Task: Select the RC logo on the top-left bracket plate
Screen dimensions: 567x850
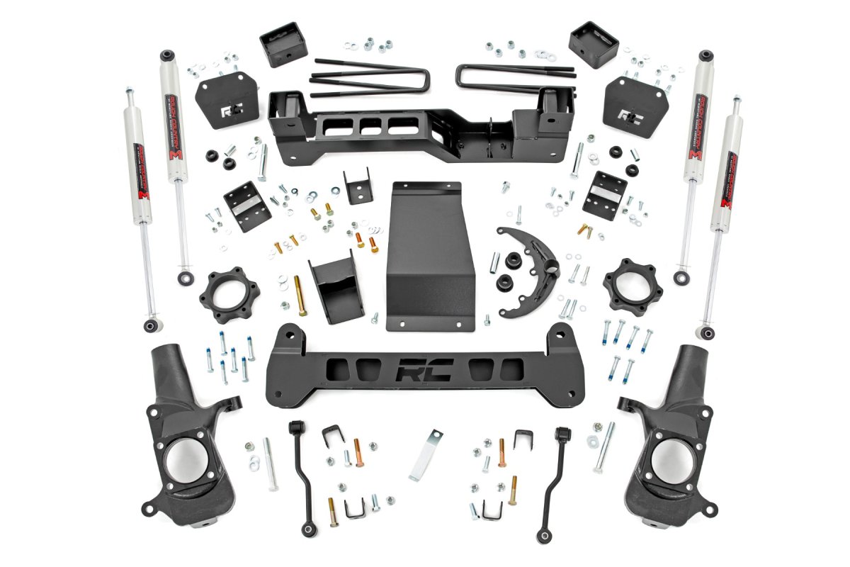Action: (x=232, y=112)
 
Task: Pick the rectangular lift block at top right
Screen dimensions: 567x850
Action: (x=593, y=44)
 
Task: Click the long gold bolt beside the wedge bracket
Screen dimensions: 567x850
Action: (x=300, y=296)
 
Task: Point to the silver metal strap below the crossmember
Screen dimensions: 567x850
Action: (x=426, y=454)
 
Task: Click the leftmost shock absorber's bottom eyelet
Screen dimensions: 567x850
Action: (x=151, y=325)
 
